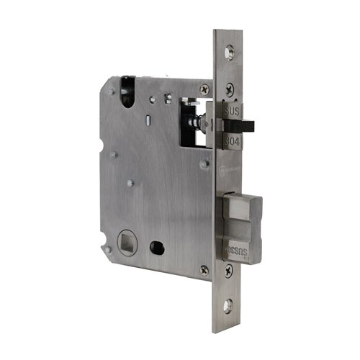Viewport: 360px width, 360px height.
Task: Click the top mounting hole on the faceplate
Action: click(229, 53)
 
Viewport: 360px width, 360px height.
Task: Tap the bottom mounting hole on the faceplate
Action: click(228, 305)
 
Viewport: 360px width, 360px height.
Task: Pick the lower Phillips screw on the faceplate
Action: click(228, 271)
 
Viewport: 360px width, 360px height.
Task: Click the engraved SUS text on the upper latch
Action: click(233, 114)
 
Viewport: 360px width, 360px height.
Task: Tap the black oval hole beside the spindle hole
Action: click(156, 247)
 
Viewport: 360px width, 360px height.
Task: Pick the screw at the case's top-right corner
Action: click(204, 89)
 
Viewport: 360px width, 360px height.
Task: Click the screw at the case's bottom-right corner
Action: click(204, 269)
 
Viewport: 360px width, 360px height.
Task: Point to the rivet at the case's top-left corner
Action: click(110, 91)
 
